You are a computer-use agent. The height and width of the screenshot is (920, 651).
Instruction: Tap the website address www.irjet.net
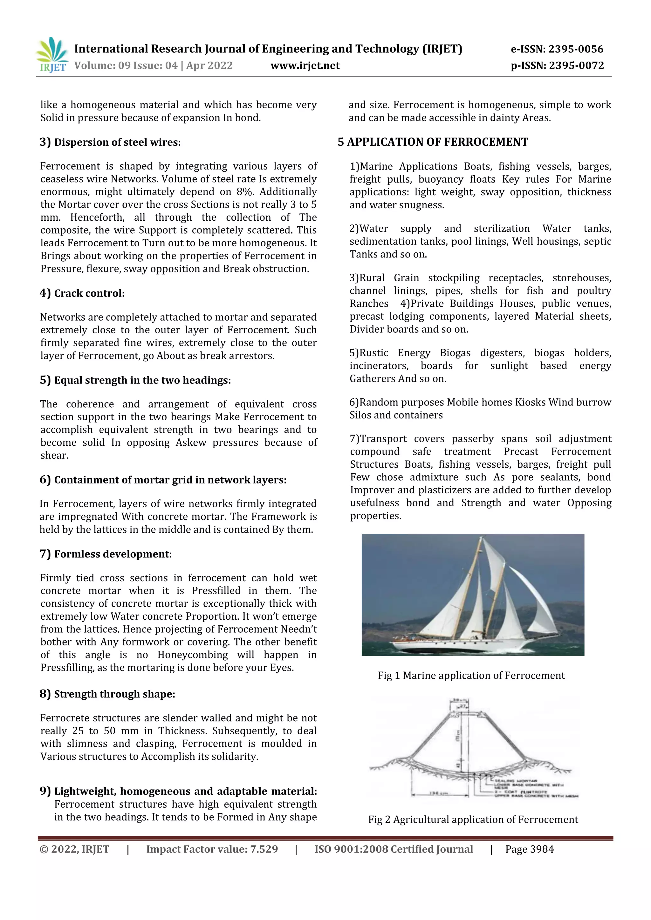coord(305,66)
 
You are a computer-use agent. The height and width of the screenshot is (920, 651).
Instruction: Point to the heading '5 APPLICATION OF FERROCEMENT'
coord(433,142)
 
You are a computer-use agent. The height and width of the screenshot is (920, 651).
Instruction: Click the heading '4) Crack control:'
coord(82,293)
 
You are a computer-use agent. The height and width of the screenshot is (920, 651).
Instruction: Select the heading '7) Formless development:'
coord(106,554)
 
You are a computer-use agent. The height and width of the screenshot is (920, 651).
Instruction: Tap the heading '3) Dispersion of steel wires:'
coord(110,142)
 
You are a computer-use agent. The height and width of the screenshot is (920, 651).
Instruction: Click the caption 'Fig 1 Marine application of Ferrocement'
coord(471,676)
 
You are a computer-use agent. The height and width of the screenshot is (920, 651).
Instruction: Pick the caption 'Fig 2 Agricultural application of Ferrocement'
coord(473,819)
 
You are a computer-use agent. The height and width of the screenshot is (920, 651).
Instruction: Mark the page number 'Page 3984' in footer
coord(530,849)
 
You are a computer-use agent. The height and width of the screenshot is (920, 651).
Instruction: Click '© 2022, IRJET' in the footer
coord(75,849)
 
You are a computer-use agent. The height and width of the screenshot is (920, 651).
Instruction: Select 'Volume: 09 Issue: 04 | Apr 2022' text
coord(153,66)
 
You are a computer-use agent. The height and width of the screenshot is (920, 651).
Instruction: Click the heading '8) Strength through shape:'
coord(107,694)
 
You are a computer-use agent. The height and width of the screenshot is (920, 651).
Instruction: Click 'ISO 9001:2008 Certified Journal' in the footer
coord(394,849)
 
